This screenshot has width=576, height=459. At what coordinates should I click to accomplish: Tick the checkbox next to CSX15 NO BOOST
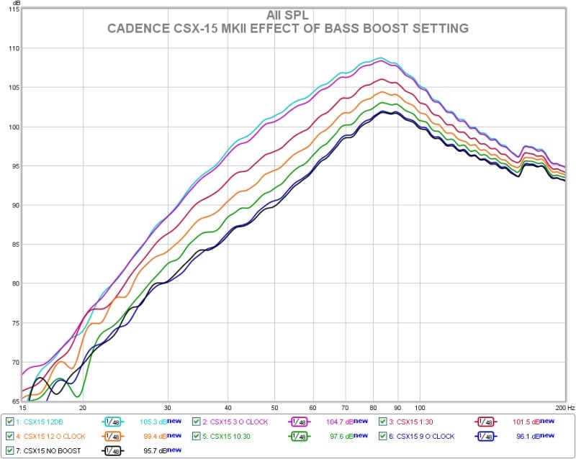9,450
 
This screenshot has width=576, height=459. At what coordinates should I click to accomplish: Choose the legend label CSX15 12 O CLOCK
54,436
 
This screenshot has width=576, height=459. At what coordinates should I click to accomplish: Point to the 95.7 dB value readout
152,450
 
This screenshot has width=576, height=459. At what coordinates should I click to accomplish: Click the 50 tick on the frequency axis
274,406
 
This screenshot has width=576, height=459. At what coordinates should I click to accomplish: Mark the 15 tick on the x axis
22,406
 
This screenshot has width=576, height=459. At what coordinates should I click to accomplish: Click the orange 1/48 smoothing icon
112,436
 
